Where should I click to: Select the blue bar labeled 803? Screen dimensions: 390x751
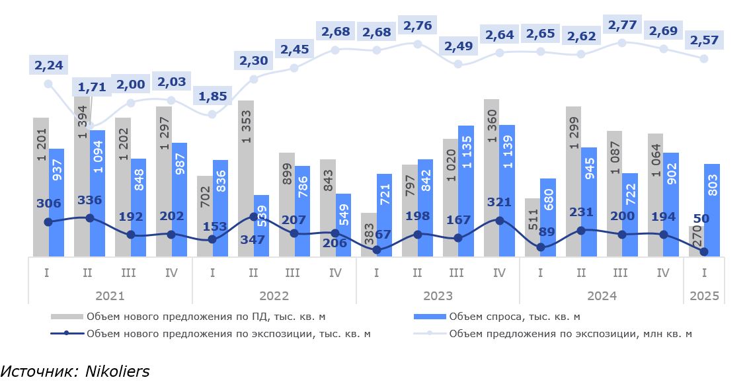point(712,210)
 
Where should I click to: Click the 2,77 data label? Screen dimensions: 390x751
point(621,27)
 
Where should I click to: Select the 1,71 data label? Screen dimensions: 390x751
point(90,87)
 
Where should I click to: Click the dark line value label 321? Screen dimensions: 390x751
point(499,202)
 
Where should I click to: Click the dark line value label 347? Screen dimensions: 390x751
point(253,240)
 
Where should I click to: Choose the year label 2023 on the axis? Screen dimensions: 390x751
point(438,296)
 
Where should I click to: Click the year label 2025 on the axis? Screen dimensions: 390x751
point(704,296)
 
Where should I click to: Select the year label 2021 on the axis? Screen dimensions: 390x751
point(110,296)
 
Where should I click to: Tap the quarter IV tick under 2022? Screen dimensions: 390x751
point(335,272)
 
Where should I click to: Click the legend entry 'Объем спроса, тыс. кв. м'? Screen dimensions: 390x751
point(514,317)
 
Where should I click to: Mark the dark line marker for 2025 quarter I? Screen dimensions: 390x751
point(704,252)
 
